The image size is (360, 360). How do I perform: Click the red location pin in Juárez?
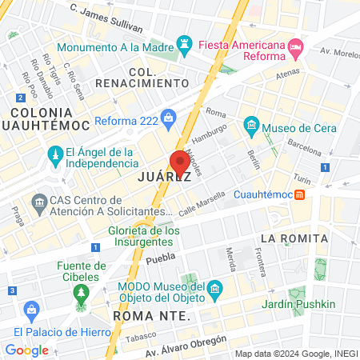coord(180,161)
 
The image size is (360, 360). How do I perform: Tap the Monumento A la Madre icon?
coord(185,42)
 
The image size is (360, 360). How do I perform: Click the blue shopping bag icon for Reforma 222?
coord(168,121)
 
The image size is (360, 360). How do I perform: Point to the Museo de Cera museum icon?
coord(251,126)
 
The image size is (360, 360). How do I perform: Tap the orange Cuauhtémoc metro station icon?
coord(300,194)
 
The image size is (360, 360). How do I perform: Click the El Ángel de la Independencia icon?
coord(55,152)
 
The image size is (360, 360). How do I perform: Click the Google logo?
coord(26,350)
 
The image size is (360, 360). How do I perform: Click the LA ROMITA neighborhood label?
coord(294,238)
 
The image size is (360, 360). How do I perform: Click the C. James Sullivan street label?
coord(106,18)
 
